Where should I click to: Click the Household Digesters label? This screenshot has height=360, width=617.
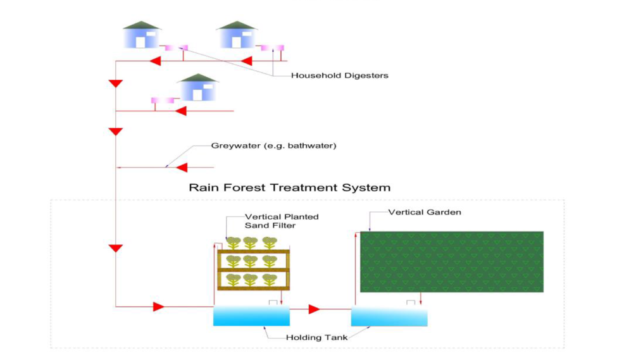[340, 75]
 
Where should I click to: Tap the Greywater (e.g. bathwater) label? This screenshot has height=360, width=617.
[274, 146]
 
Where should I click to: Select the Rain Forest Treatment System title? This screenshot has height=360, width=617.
[290, 187]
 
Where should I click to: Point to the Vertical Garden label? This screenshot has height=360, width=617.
[425, 212]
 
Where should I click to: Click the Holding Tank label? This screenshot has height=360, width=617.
[317, 337]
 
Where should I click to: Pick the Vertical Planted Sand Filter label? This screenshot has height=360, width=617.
[282, 221]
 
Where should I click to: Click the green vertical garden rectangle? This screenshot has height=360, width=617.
[452, 262]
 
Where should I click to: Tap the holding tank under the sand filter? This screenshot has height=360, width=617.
[251, 316]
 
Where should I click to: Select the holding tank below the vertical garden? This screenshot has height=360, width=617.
[389, 316]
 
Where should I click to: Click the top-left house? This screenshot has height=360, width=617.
[141, 35]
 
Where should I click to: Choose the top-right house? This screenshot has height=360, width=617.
[237, 35]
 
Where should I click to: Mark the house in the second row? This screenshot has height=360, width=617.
[197, 87]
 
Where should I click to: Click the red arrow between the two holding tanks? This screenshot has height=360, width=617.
[314, 309]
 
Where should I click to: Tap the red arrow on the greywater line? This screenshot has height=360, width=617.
[182, 168]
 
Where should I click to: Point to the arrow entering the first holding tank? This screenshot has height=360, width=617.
[159, 307]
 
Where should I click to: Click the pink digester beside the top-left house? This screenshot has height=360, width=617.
[176, 48]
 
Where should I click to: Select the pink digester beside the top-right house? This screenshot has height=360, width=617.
[272, 48]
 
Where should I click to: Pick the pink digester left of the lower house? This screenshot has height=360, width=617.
[163, 101]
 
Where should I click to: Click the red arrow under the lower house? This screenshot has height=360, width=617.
[180, 111]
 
